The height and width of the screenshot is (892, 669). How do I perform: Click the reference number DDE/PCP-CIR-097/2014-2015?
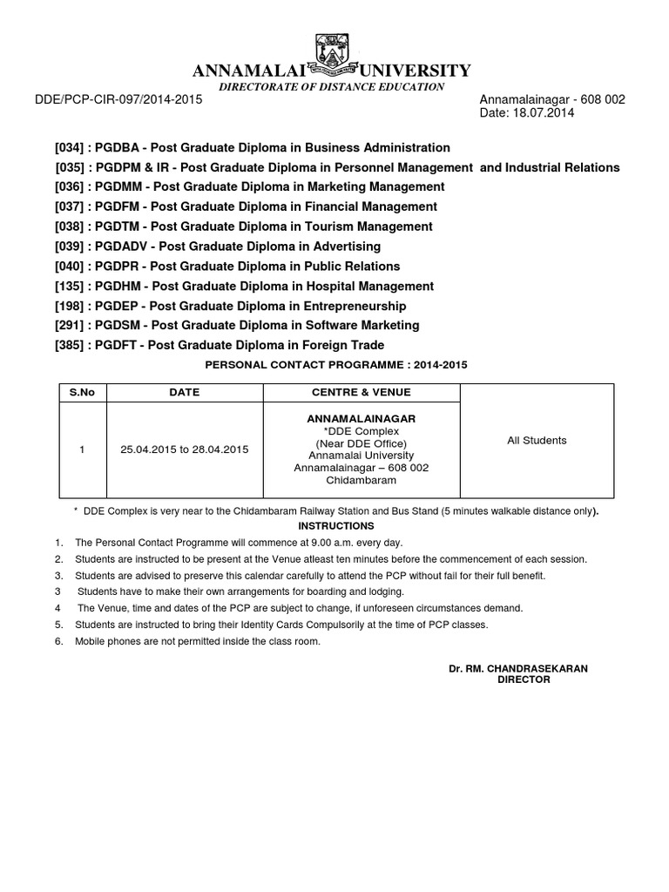118,100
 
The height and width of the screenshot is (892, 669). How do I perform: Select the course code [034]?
71,148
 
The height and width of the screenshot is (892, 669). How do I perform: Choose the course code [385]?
71,345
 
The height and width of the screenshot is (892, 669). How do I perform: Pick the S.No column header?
82,392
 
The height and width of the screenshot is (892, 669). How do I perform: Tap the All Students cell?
537,441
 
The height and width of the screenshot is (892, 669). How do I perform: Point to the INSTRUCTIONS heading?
336,526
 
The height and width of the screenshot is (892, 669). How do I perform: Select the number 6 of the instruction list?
58,641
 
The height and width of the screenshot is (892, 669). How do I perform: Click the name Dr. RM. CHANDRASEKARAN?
518,668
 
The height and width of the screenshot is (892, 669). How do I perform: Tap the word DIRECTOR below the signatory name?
524,679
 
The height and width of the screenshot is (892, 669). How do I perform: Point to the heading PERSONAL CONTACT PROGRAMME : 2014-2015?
335,365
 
